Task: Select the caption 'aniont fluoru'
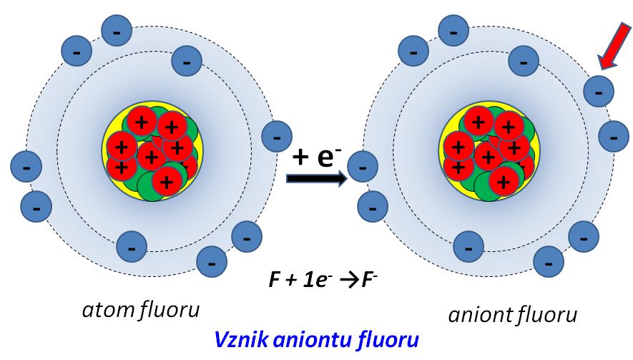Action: pyautogui.click(x=512, y=314)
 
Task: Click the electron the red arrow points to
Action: pyautogui.click(x=598, y=91)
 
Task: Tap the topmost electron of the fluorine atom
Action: pyautogui.click(x=117, y=31)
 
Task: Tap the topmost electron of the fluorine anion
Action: pyautogui.click(x=452, y=31)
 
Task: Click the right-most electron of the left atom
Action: pyautogui.click(x=276, y=135)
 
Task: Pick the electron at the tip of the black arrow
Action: pyautogui.click(x=362, y=167)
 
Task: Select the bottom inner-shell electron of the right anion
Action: pyautogui.click(x=468, y=248)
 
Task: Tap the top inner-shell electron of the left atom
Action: pyautogui.click(x=187, y=62)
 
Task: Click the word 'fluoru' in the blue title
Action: pyautogui.click(x=387, y=339)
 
